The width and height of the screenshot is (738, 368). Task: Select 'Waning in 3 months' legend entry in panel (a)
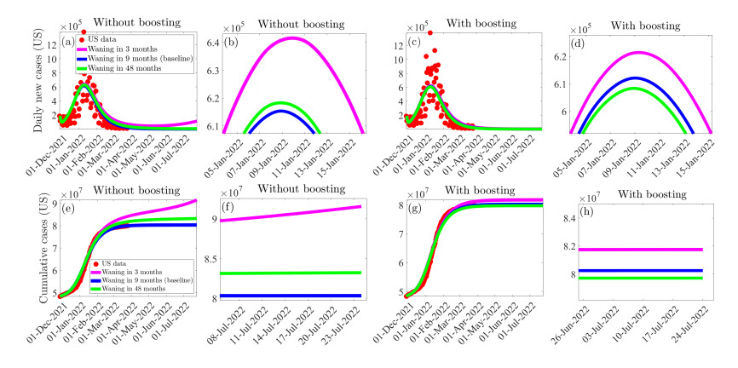[x=119, y=50]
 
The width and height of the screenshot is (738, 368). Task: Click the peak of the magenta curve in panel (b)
[x=291, y=37]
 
